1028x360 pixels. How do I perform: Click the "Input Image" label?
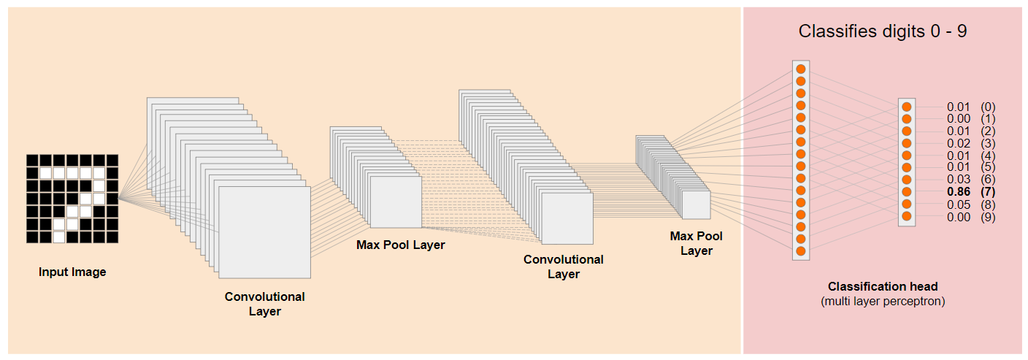(72, 272)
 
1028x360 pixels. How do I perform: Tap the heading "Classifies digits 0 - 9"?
(883, 31)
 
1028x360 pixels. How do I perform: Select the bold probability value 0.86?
(959, 192)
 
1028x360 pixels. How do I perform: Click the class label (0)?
(989, 107)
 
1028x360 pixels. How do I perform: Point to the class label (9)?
(989, 217)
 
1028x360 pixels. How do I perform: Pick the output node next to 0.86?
(907, 192)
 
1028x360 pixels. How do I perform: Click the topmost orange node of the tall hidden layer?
(801, 69)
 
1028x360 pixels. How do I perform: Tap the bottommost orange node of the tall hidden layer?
(801, 251)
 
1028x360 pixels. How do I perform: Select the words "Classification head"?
(883, 286)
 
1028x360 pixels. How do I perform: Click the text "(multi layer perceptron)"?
(883, 301)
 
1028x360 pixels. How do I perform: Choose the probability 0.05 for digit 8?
(959, 204)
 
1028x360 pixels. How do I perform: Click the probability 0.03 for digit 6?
(959, 180)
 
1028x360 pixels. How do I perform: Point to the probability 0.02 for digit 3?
(959, 143)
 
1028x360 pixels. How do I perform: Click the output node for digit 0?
(907, 107)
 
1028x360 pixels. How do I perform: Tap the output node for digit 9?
(907, 216)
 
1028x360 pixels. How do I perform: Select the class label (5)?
(989, 168)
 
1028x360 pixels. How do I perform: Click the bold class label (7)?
(989, 192)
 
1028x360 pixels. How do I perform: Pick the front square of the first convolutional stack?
(264, 232)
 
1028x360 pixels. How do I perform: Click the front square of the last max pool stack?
(696, 205)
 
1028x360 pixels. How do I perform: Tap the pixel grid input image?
(72, 199)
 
